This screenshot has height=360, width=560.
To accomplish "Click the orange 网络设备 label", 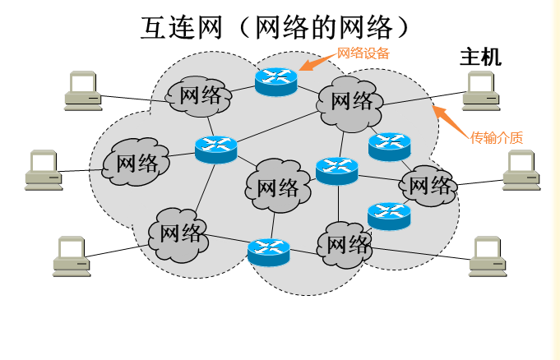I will coord(363,53).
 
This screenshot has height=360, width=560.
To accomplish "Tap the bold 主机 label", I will coord(479,58).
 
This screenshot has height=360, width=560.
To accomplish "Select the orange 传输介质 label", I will coord(496,137).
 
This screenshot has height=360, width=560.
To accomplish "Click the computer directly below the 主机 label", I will coord(481,90).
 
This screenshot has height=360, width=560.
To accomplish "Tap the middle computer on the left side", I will coord(44,169).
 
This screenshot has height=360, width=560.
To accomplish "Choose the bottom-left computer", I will coord(72,256).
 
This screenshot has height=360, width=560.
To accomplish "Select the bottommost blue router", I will coord(268,252).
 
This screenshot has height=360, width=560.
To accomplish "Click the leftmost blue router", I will coord(215,148).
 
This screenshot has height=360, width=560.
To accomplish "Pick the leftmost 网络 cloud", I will coord(137,162).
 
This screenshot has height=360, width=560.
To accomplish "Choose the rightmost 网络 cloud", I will coord(428,186).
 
